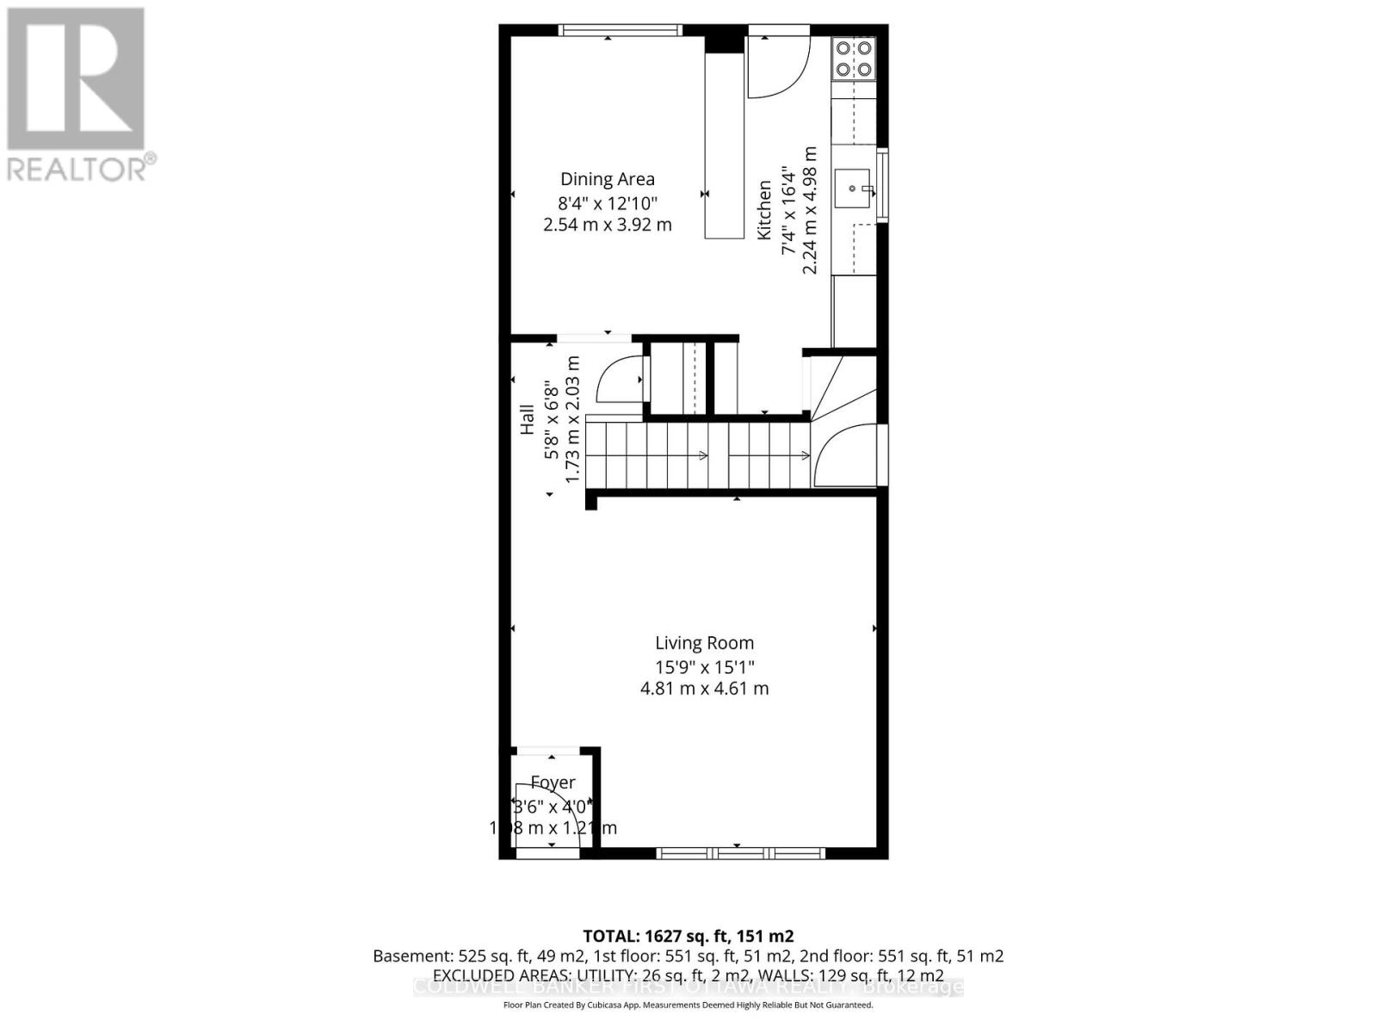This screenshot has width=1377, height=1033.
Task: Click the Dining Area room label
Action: tap(608, 179)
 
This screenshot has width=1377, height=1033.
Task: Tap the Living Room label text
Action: tap(704, 643)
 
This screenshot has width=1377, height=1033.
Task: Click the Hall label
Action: tap(528, 419)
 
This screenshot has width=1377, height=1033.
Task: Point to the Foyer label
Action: tap(553, 782)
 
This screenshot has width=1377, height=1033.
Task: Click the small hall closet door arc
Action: tap(618, 379)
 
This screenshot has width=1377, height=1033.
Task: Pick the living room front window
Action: tap(740, 853)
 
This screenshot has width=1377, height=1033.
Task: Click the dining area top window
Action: tap(620, 30)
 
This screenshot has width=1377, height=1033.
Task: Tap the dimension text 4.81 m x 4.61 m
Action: tap(704, 689)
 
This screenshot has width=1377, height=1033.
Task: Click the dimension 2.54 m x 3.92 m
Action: tap(608, 226)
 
